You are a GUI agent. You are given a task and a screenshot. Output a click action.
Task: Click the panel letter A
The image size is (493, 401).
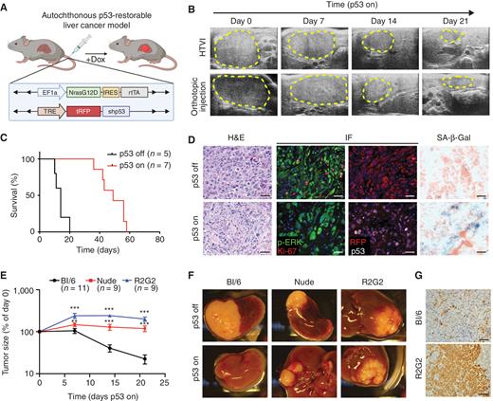click(x=6, y=7)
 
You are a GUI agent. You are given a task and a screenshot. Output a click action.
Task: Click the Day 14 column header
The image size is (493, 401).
click(x=377, y=20)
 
